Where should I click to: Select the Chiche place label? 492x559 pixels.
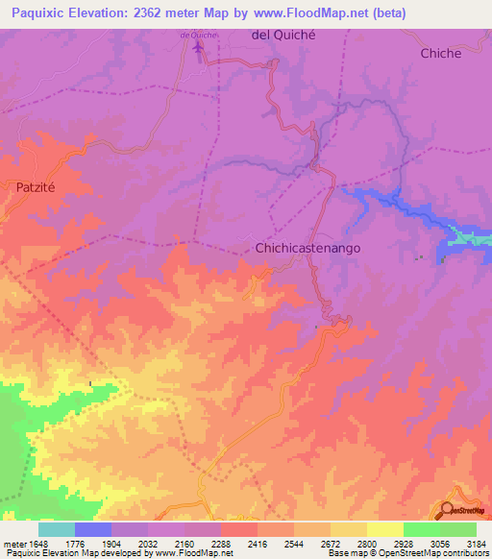pos(441,54)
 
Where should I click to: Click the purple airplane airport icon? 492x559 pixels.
pos(200,47)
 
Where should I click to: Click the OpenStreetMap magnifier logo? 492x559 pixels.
pos(448,510)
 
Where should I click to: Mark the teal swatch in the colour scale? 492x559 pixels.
pos(57,529)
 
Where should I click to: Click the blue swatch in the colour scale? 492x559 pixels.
pos(93,529)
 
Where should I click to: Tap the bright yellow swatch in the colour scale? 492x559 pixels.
pos(384,529)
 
